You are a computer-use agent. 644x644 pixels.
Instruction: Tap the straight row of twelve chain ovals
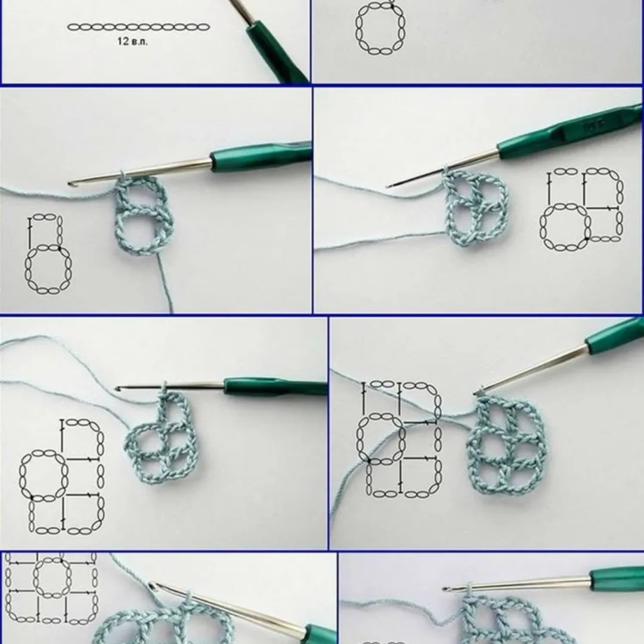(x=138, y=27)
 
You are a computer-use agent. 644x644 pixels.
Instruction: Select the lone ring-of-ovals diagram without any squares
(x=380, y=28)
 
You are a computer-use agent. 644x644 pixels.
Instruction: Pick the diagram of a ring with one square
(x=47, y=254)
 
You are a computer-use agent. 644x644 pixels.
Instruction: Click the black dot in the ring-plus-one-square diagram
(x=60, y=246)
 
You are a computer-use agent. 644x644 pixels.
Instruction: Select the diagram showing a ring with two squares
(x=582, y=209)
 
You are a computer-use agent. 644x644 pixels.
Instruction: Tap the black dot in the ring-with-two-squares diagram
(x=587, y=239)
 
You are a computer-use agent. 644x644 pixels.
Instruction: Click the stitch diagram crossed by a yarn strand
(x=400, y=438)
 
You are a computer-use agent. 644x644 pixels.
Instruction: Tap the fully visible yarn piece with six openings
(x=506, y=445)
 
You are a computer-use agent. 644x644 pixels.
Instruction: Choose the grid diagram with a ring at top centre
(x=51, y=587)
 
